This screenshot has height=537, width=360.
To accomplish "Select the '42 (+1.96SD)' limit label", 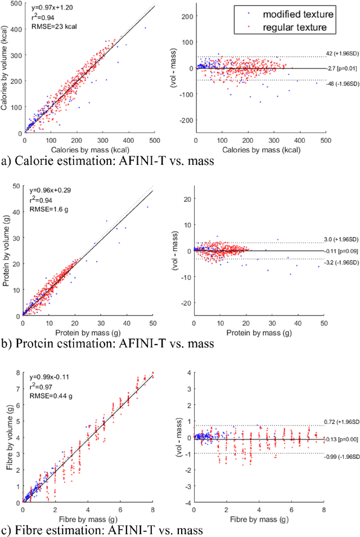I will [341, 54].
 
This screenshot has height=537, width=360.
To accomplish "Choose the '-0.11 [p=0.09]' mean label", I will [341, 251].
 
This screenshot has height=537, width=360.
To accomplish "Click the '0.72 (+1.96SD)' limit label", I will [341, 421].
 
